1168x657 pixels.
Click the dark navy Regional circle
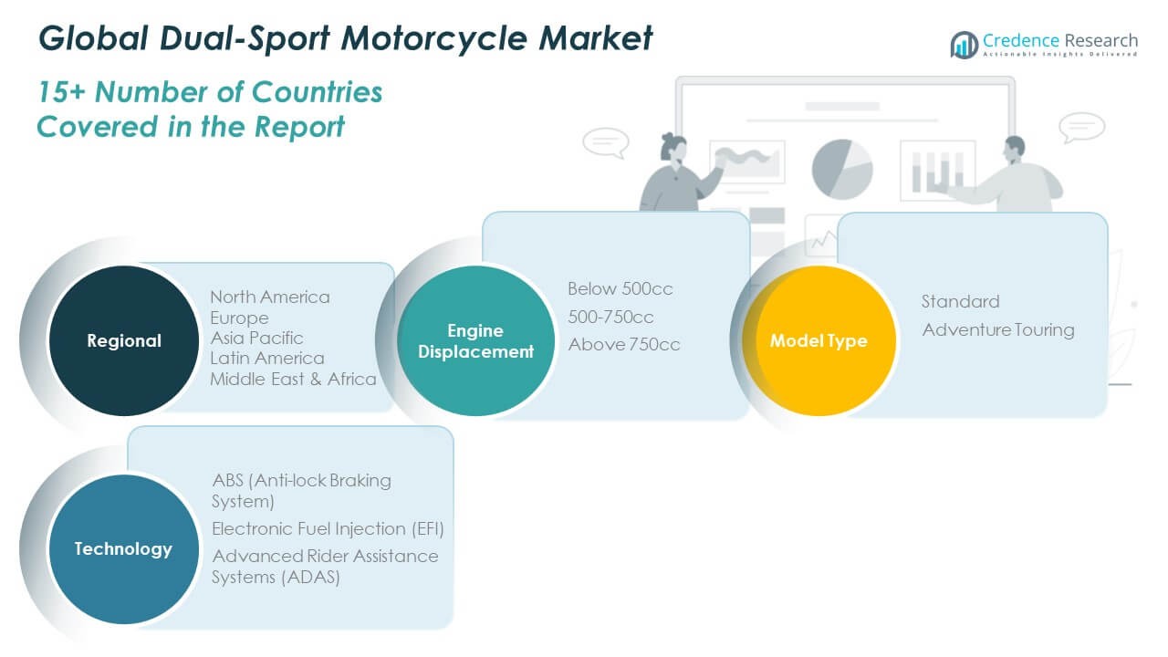pos(123,340)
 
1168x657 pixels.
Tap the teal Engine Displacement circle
pos(475,340)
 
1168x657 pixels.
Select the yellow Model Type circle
pos(819,340)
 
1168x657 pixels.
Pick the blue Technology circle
pos(123,548)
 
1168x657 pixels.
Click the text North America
pos(270,297)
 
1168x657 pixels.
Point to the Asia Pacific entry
pos(256,338)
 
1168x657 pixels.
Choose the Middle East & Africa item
pos(293,379)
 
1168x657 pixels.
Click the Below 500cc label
pos(620,289)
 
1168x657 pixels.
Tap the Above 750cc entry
pos(624,344)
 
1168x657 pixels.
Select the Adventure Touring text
pos(998,329)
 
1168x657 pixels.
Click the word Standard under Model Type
pos(960,301)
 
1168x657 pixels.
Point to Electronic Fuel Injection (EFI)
pos(328,528)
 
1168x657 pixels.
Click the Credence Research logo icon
pos(965,44)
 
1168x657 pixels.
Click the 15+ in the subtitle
pos(62,92)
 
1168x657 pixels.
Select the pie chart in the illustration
pos(841,168)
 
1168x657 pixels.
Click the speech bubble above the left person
pos(606,142)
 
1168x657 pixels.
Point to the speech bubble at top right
pos(1083,127)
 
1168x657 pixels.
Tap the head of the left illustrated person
pos(673,147)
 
